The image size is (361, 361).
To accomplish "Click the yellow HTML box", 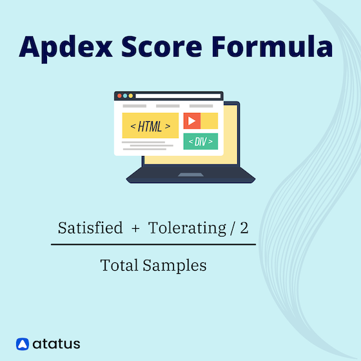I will click(150, 126).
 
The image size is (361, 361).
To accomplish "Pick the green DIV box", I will click(200, 141).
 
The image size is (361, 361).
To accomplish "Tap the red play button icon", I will click(191, 121).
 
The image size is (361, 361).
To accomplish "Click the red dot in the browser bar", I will click(119, 95).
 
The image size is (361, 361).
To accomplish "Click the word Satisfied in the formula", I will click(90, 228).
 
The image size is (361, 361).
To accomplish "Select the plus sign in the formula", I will click(135, 229).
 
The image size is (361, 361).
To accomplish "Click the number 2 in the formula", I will click(244, 228).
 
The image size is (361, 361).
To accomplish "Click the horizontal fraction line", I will click(153, 244).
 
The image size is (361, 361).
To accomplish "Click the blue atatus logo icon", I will click(23, 344).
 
